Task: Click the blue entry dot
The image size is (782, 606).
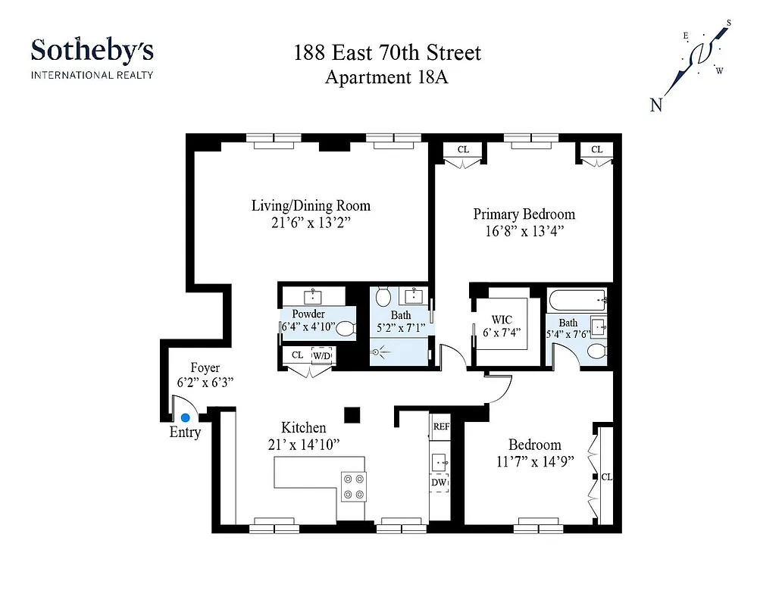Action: tap(185, 417)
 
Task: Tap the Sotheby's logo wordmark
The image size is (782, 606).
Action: tap(92, 52)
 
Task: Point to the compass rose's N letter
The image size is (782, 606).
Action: tap(656, 105)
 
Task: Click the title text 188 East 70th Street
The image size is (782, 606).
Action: tap(387, 54)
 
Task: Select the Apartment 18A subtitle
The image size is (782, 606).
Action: tap(386, 77)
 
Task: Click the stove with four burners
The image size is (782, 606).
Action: tap(354, 486)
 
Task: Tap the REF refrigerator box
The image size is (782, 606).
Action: tap(441, 426)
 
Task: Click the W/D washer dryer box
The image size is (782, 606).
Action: tap(322, 355)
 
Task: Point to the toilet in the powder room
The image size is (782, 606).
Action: tap(345, 329)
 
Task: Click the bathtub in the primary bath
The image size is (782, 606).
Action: tap(578, 301)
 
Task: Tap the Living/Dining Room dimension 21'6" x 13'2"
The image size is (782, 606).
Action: tap(311, 223)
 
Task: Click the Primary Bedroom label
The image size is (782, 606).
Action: tap(524, 214)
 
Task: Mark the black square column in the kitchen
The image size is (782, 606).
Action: tap(352, 414)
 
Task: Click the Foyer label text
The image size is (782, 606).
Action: tap(205, 368)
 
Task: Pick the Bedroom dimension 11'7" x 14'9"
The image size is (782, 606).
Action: tap(534, 461)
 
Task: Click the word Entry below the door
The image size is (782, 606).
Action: tap(185, 433)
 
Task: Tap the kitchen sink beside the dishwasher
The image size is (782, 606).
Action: tap(439, 461)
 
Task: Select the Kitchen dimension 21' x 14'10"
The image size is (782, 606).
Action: tap(303, 445)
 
